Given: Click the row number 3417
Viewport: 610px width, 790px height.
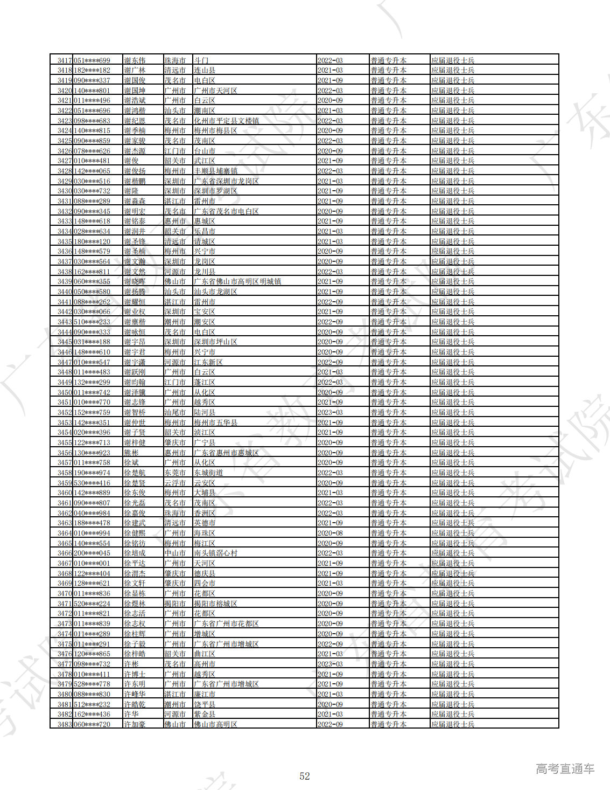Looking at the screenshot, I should click(65, 60).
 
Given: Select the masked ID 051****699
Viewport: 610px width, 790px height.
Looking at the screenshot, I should click(92, 60).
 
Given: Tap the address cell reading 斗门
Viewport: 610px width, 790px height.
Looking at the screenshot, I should click(201, 60).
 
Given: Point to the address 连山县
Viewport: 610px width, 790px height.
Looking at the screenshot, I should click(205, 71).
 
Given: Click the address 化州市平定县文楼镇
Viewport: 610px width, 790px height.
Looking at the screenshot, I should click(226, 121).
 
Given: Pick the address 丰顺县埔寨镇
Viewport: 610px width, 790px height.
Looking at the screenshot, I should click(215, 171).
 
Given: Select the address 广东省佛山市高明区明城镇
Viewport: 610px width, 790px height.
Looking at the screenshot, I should click(237, 281).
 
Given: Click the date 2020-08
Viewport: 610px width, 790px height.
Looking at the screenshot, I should click(330, 533).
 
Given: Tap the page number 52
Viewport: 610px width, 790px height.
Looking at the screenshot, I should click(305, 776).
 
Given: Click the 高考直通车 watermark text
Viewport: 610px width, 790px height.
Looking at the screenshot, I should click(565, 768).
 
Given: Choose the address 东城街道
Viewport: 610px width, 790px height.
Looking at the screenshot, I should click(208, 473).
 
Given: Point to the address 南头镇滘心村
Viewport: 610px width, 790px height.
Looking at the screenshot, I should click(215, 553).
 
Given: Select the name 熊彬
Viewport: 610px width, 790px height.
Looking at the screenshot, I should click(131, 453).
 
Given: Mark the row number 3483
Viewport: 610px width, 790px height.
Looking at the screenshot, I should click(65, 724).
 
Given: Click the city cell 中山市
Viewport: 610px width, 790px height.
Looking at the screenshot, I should click(175, 553).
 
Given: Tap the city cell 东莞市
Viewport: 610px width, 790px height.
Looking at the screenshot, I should click(175, 473).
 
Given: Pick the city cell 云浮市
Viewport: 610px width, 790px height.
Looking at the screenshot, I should click(175, 483).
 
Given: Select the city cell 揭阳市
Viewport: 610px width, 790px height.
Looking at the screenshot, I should click(175, 604).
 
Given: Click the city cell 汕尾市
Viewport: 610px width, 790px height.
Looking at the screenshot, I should click(175, 412).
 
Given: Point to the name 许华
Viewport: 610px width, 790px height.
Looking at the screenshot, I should click(131, 714).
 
